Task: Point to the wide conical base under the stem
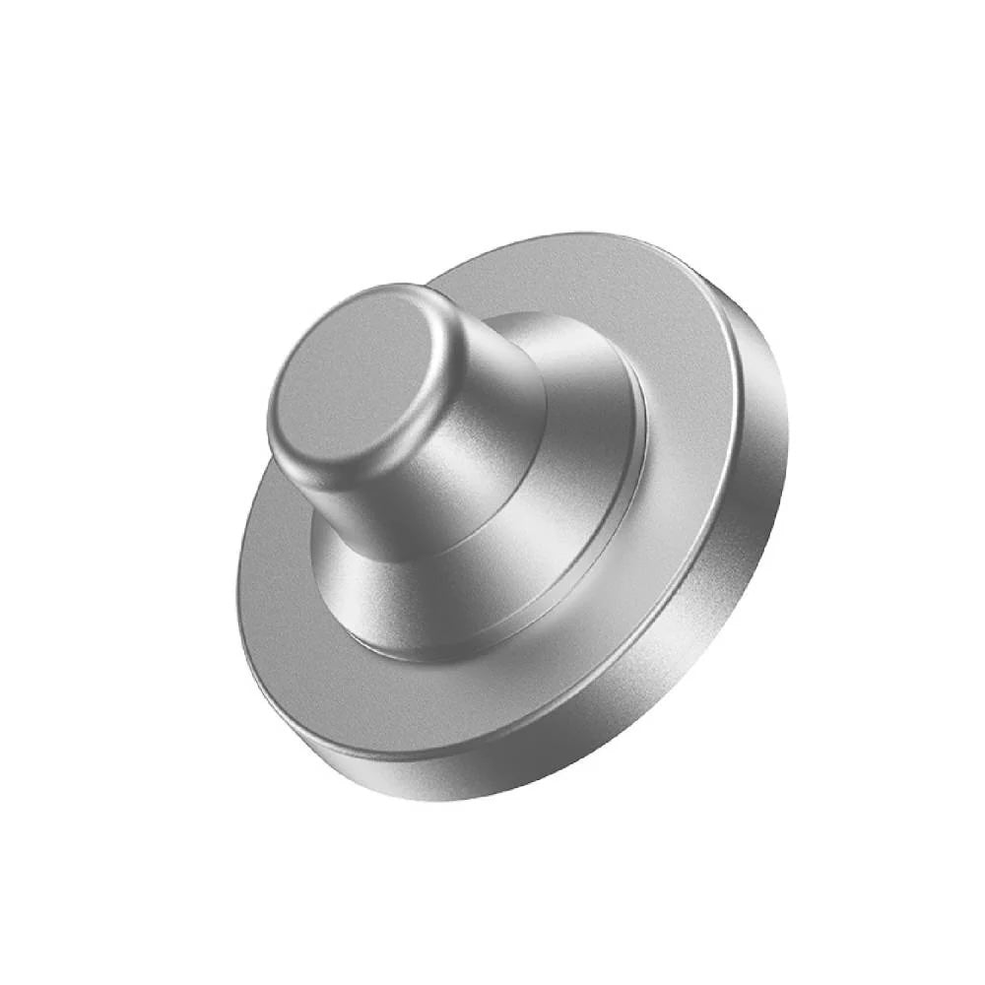pos(552,552)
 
